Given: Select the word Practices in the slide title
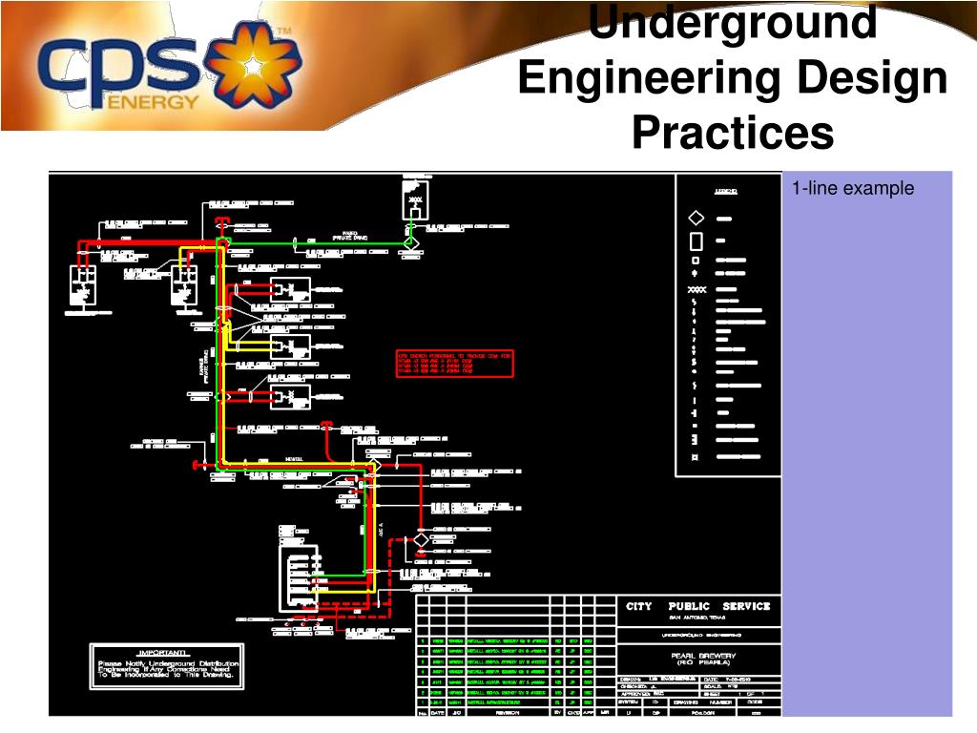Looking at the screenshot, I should coord(732,133).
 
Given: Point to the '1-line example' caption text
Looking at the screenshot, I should coord(852,189).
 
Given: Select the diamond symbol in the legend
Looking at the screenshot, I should coord(696,219).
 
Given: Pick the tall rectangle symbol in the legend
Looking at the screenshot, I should coord(696,241).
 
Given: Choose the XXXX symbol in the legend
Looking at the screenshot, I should coord(696,289).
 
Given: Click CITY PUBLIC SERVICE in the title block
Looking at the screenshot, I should coord(697,606).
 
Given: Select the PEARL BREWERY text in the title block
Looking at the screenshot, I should coord(697,656).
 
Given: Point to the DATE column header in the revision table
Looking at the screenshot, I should coord(437,712).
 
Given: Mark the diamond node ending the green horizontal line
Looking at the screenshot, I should coord(410,243).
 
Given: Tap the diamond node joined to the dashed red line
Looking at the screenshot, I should coord(421,540).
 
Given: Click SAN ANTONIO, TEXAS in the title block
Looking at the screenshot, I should coord(697,618).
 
